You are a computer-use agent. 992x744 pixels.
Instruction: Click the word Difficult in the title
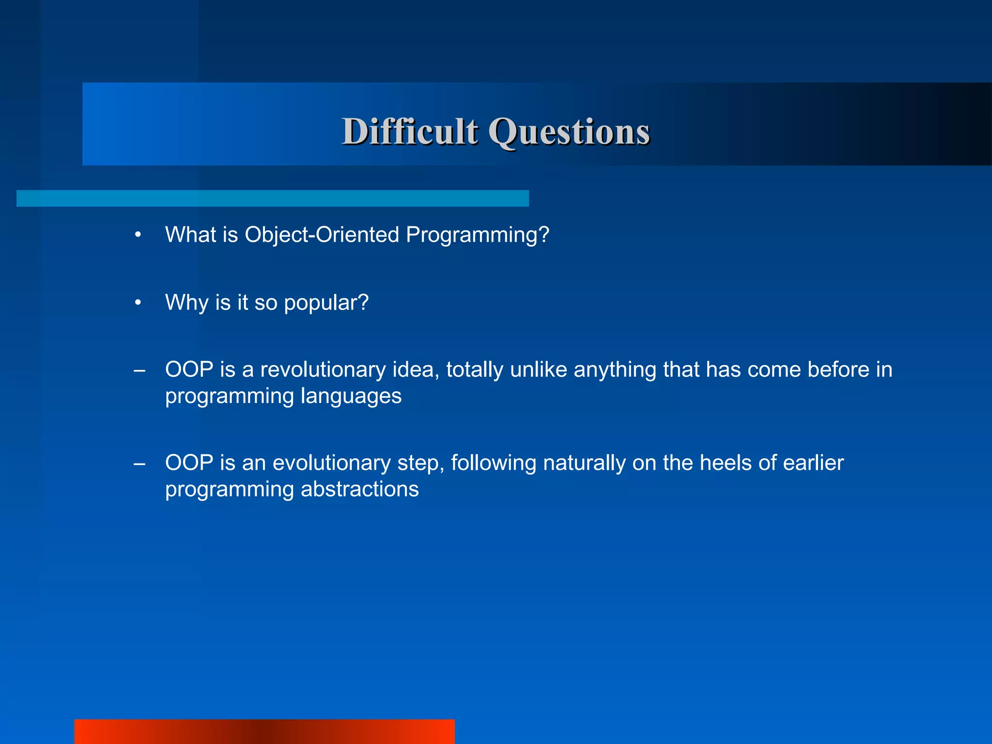coord(410,132)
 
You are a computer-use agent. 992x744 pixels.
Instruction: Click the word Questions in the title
coord(569,132)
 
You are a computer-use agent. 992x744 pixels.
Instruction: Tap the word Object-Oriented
coord(322,235)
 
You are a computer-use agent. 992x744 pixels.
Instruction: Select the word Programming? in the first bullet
coord(477,235)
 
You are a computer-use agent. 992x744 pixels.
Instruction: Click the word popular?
coord(326,303)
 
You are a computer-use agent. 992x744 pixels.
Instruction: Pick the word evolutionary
coord(331,463)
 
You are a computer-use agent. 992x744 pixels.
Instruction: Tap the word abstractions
coord(359,489)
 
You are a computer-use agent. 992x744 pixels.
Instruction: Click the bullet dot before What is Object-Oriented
coord(138,235)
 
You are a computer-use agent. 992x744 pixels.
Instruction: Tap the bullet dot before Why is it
coord(138,303)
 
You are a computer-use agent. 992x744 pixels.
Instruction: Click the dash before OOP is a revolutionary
coord(139,371)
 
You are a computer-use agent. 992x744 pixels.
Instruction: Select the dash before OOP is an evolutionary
coord(139,464)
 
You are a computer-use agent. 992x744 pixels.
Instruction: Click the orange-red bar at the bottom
coord(264,731)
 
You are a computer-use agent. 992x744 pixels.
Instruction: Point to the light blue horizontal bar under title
coord(272,198)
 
